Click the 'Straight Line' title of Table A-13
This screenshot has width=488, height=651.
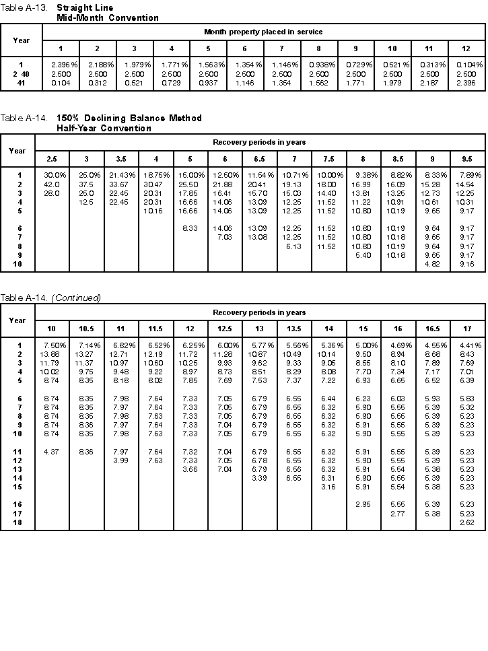tap(85, 8)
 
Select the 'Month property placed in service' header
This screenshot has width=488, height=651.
tap(263, 32)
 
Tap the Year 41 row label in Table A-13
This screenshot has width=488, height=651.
tap(21, 82)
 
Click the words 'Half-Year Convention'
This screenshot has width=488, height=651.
tap(104, 128)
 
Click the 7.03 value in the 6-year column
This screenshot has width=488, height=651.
tap(223, 237)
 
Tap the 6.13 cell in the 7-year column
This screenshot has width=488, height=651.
tap(293, 246)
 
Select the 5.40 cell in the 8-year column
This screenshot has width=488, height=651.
tap(363, 255)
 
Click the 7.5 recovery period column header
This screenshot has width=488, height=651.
tap(329, 158)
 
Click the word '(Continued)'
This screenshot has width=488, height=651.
tap(76, 298)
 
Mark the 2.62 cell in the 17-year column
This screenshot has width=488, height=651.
tap(468, 522)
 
